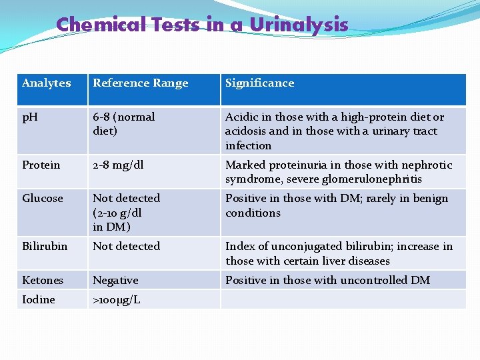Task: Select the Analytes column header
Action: click(x=46, y=83)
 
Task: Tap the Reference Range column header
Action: click(x=141, y=83)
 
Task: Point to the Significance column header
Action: click(x=259, y=83)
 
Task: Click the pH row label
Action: click(x=31, y=117)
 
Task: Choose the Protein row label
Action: click(x=41, y=165)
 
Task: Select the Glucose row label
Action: click(x=42, y=199)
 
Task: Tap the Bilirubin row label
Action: click(x=45, y=247)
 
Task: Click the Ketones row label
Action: click(x=43, y=281)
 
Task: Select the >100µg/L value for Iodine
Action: click(x=117, y=300)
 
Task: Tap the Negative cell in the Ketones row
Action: click(x=115, y=281)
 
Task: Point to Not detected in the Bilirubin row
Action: click(x=127, y=247)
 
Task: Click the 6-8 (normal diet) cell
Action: click(x=124, y=124)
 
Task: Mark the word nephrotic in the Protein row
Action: click(x=428, y=165)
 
